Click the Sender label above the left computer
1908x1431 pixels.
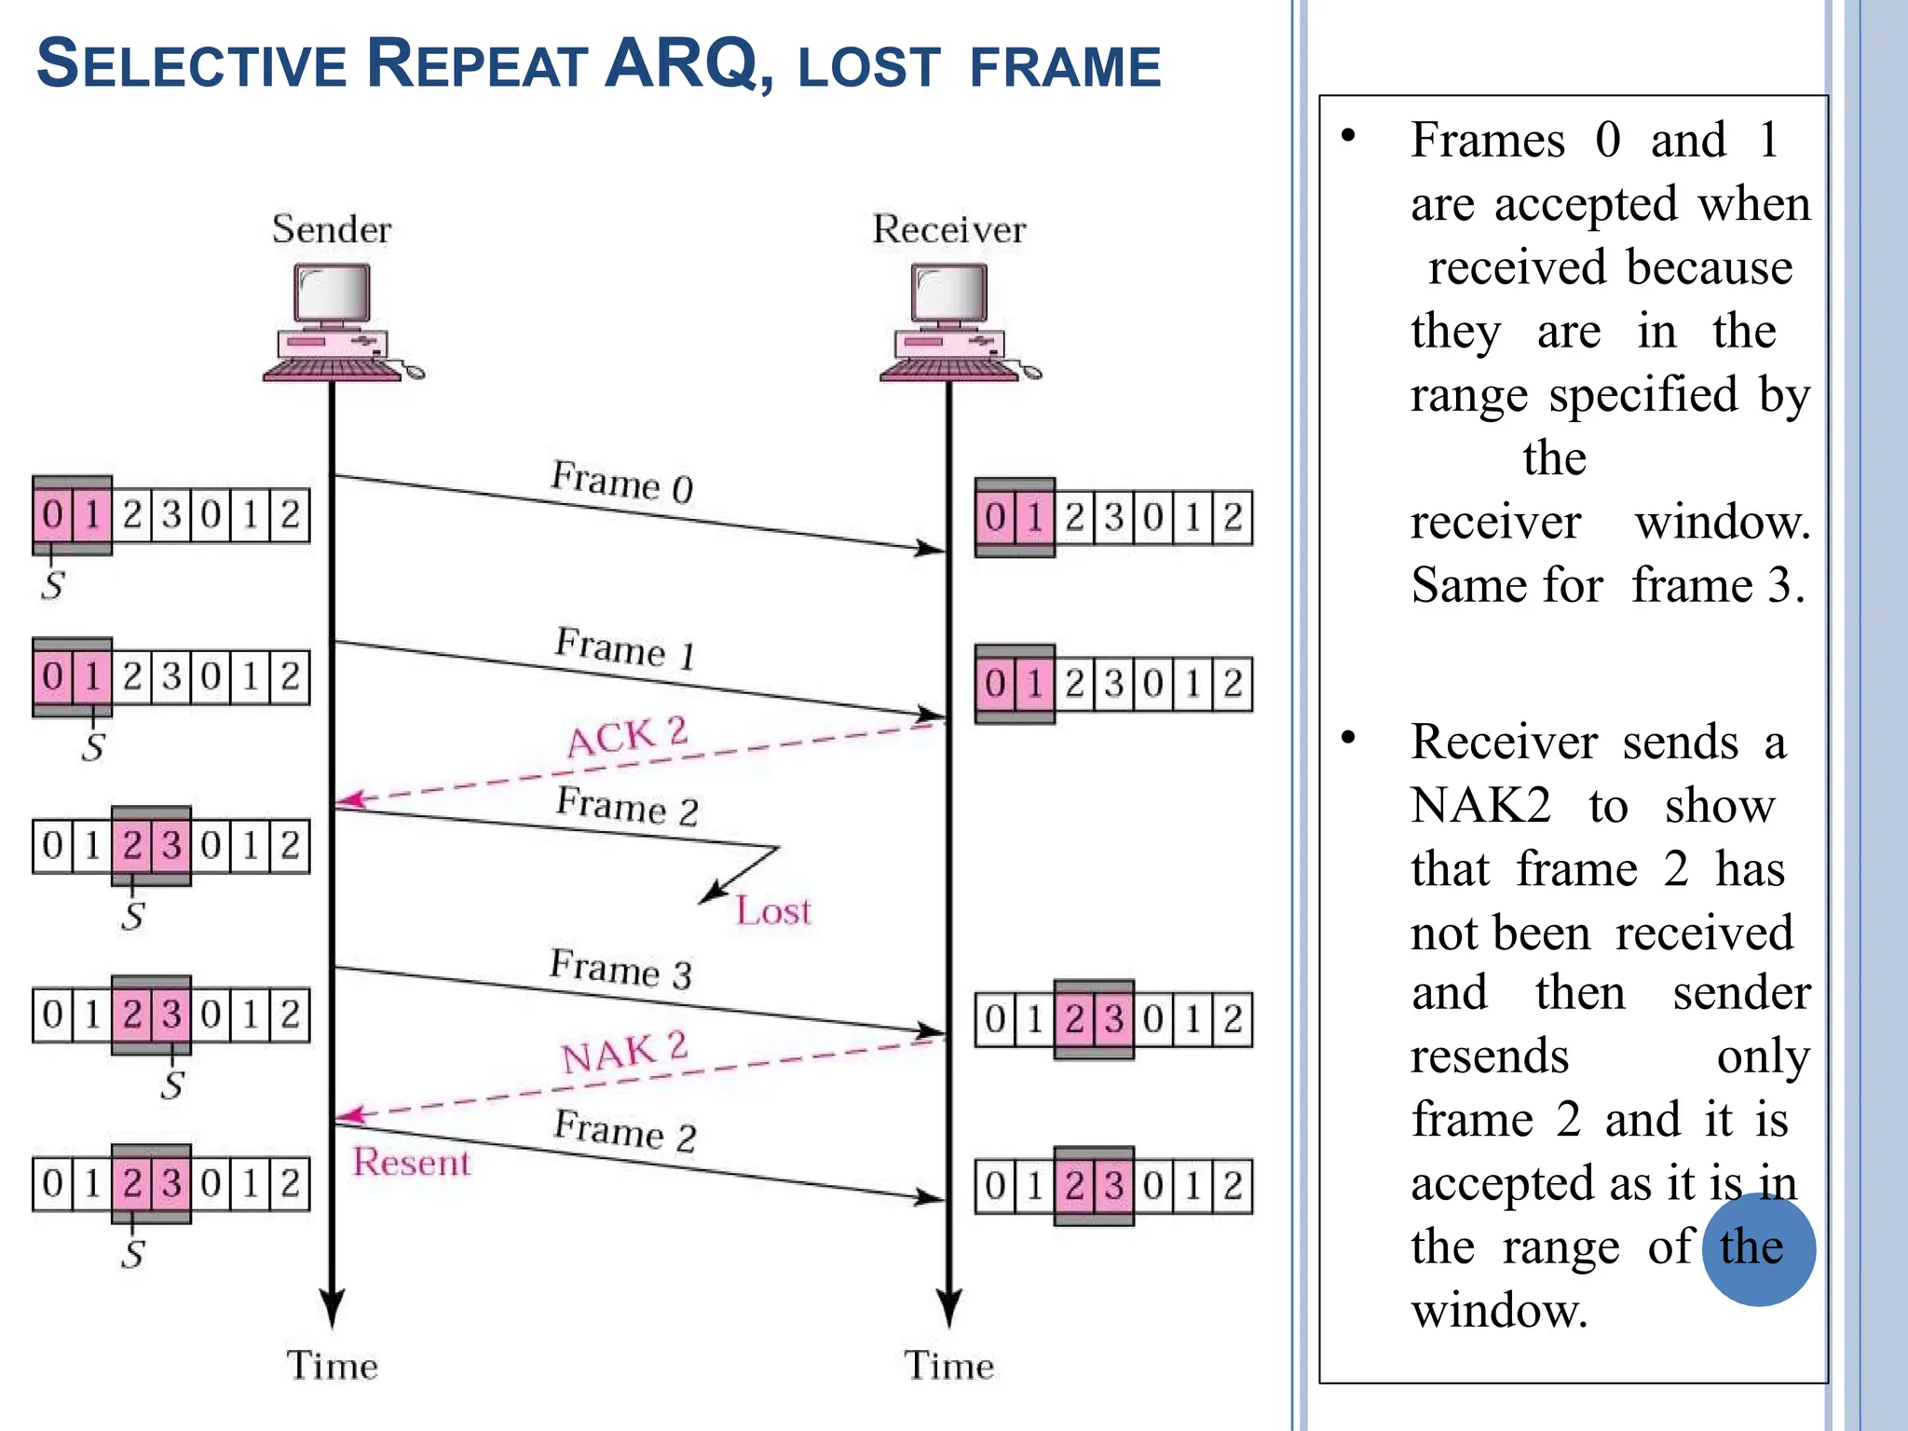[331, 229]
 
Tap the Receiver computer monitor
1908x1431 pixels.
[948, 293]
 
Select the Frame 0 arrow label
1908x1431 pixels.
[621, 481]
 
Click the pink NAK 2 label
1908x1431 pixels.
[623, 1053]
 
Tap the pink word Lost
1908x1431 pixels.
[772, 910]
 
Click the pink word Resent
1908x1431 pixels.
[411, 1162]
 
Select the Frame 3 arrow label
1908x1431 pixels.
[620, 968]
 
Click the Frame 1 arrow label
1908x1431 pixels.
[625, 647]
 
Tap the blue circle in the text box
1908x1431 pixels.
[1758, 1248]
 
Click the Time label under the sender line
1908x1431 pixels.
[332, 1365]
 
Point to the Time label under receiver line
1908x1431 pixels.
[948, 1365]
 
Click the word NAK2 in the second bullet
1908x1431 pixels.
[1480, 805]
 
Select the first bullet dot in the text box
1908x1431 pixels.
[1348, 137]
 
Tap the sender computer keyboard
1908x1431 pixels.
[332, 371]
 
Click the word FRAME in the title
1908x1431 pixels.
[1065, 67]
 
